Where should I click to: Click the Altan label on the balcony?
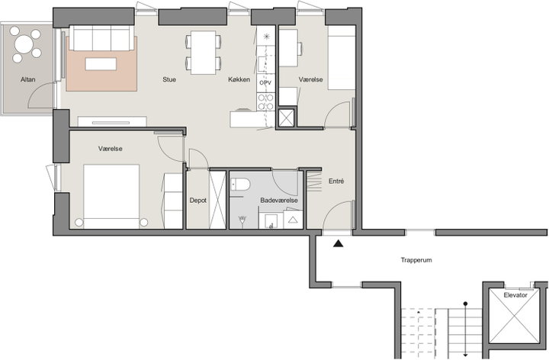[x=28, y=79]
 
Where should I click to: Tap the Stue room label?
[x=169, y=79]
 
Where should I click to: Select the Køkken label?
[x=239, y=79]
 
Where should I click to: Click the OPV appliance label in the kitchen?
[x=265, y=83]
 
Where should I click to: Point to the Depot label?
[x=197, y=201]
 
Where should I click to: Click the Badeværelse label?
[x=279, y=201]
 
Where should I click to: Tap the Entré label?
[x=336, y=181]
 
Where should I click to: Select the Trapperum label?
[x=416, y=260]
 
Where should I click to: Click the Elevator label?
[x=515, y=295]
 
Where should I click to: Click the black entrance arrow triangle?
[x=338, y=243]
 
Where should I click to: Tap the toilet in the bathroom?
[x=240, y=185]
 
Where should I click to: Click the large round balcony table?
[x=24, y=44]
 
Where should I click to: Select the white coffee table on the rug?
[x=101, y=64]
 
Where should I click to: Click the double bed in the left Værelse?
[x=111, y=197]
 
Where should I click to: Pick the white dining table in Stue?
[x=203, y=53]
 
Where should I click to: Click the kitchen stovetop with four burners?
[x=265, y=102]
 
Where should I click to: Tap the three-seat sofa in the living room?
[x=102, y=38]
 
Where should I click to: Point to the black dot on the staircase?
[x=465, y=304]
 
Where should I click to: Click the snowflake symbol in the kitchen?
[x=266, y=36]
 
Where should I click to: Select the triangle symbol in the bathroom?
[x=293, y=220]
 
